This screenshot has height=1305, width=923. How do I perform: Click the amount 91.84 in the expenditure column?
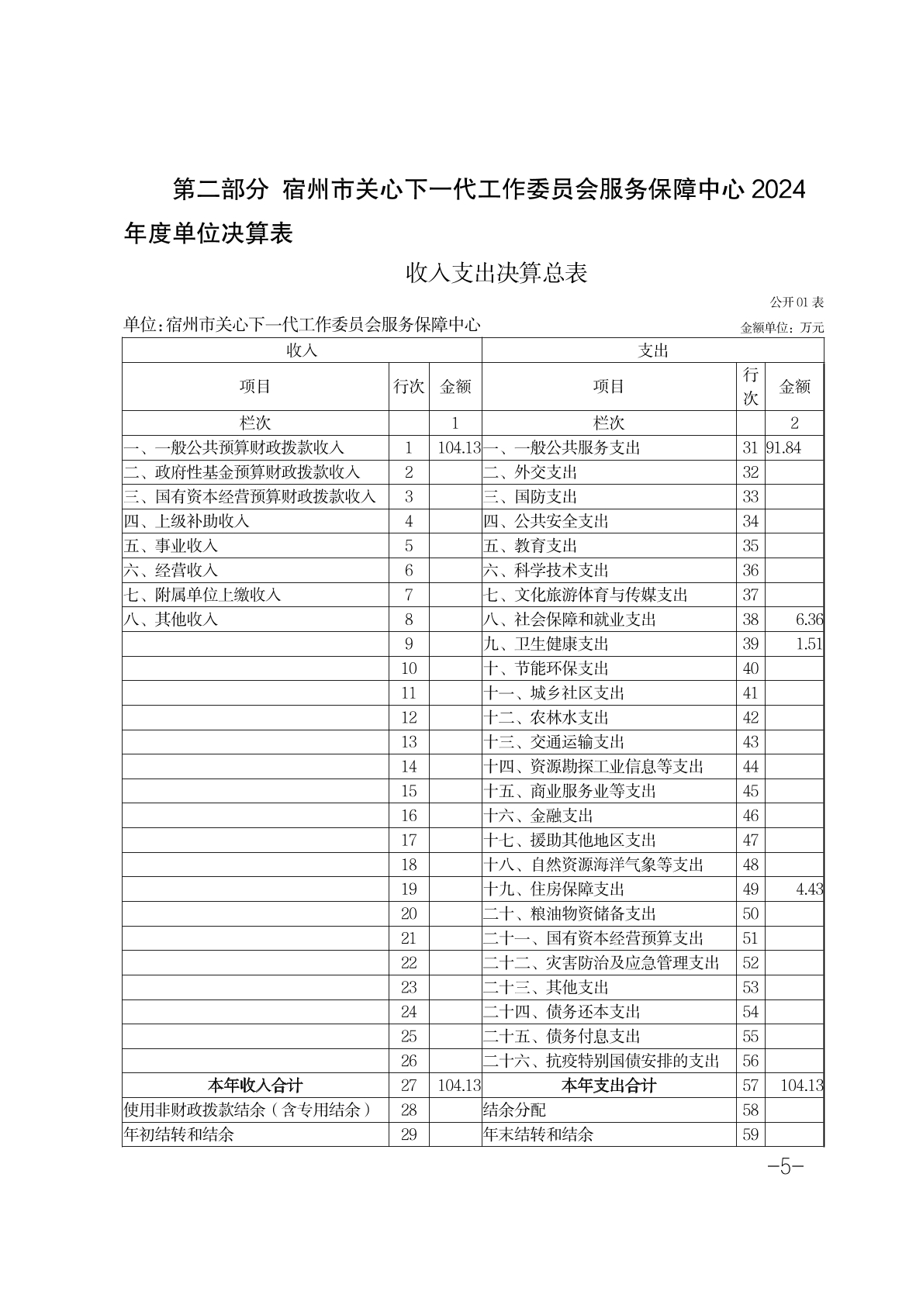coord(783,447)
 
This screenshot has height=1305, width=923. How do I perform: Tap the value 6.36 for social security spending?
coord(809,620)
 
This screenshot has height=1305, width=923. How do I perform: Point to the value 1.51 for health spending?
coord(809,644)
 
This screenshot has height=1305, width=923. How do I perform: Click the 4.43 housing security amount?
coord(809,889)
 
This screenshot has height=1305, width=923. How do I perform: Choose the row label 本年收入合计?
coord(255,1086)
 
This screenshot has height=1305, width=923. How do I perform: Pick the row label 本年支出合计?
coord(609,1086)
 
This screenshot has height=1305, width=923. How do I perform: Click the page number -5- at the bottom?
coord(784,1167)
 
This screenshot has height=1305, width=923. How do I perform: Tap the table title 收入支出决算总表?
coord(497,273)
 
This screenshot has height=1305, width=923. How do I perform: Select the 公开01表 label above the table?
coord(797,302)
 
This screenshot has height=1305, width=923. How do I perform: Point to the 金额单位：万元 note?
coord(783,328)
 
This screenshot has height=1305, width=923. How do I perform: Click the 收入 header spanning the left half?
coord(302,350)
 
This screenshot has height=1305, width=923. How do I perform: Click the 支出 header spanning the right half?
coord(653,350)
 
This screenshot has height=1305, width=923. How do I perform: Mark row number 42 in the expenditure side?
coord(750,717)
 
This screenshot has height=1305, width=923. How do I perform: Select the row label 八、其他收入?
coord(171,620)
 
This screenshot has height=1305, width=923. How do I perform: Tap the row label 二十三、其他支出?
coord(546,987)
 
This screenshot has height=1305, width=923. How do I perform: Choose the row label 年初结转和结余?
coord(179,1134)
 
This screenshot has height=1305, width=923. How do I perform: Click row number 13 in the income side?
coord(409,742)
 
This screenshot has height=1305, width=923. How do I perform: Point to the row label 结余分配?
coord(514,1110)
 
